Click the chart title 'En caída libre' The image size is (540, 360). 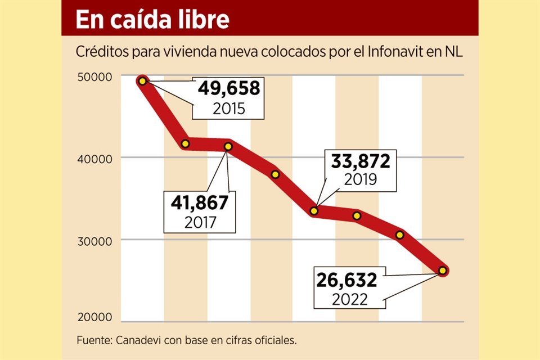click(152, 19)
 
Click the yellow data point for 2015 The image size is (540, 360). click(142, 81)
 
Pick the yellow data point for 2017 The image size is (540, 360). click(228, 146)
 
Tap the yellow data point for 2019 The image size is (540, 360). click(314, 211)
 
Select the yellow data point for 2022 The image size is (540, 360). click(443, 271)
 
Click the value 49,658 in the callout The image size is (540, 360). click(229, 89)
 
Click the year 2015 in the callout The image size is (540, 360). click(229, 108)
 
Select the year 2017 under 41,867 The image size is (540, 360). click(200, 222)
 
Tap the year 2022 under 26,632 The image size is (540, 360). click(349, 298)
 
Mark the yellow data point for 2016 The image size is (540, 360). click(186, 144)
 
